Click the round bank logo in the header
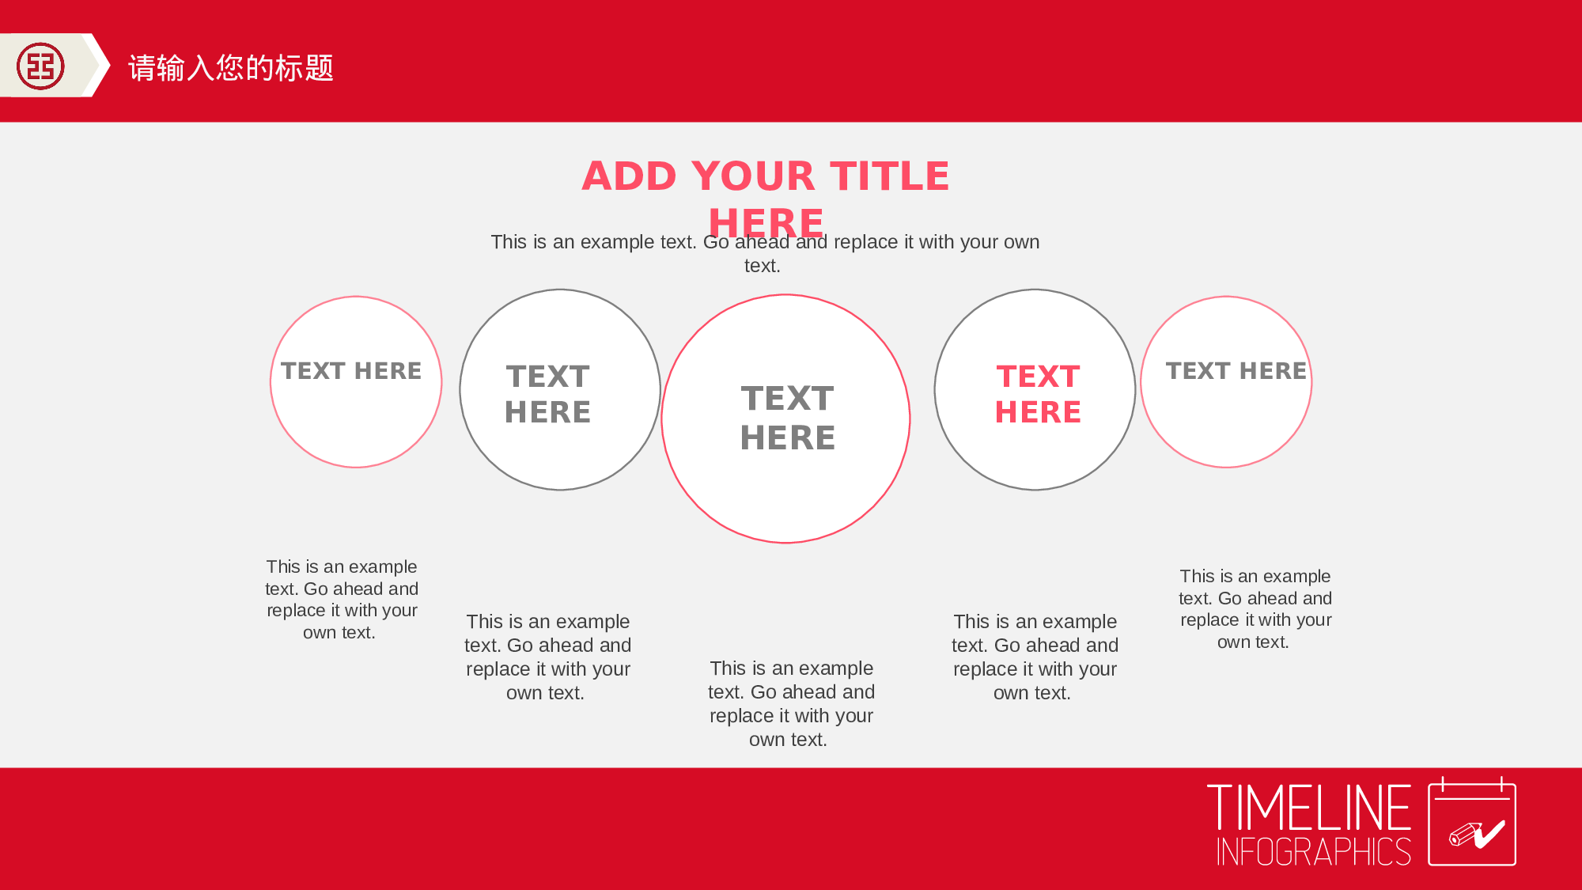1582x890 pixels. click(x=40, y=66)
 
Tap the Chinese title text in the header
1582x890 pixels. click(x=231, y=68)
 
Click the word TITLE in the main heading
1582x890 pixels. click(x=889, y=176)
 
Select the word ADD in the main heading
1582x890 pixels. click(x=629, y=176)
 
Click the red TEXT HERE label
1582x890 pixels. click(x=1038, y=394)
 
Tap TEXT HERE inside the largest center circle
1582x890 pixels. click(x=788, y=418)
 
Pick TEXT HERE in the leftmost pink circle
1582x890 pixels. click(x=351, y=370)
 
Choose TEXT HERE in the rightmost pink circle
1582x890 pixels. click(x=1236, y=370)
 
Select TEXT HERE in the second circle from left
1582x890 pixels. click(x=548, y=394)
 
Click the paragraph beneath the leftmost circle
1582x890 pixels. click(x=342, y=599)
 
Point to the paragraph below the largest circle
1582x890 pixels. click(x=791, y=703)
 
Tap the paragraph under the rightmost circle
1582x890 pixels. click(x=1255, y=608)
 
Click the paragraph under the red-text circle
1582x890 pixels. click(x=1035, y=657)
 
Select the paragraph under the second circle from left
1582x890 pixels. click(x=547, y=657)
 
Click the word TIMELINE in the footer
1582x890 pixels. click(x=1309, y=808)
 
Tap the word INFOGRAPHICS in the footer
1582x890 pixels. click(x=1314, y=851)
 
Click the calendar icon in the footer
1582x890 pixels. click(x=1472, y=821)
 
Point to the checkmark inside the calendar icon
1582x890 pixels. click(x=1489, y=834)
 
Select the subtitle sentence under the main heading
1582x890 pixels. click(x=765, y=253)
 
